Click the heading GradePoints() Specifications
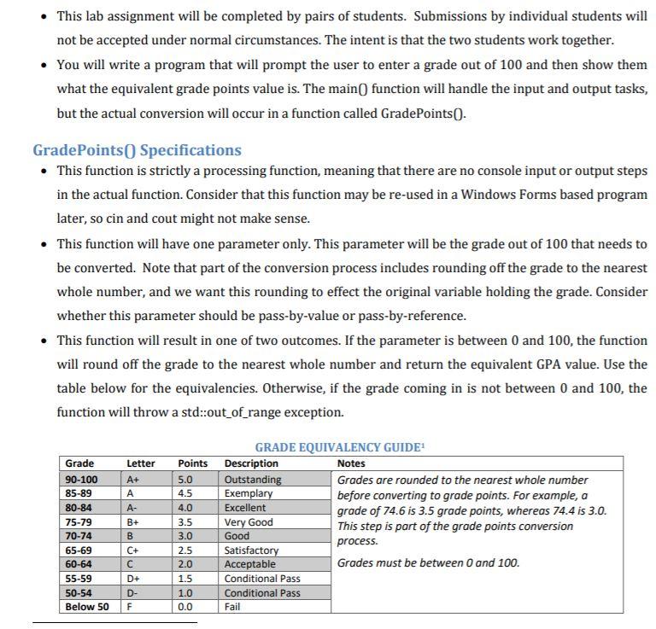pos(137,150)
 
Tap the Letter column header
pos(141,463)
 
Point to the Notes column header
pos(351,463)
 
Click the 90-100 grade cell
pos(82,480)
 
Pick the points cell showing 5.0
pos(185,480)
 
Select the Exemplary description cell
pos(249,493)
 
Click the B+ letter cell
pos(133,522)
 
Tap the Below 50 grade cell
pos(87,607)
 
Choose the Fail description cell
pos(232,607)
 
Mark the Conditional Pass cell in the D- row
pos(262,592)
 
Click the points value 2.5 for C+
pos(185,550)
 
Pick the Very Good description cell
pos(249,522)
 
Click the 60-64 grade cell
pos(79,564)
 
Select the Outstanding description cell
pos(253,480)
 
